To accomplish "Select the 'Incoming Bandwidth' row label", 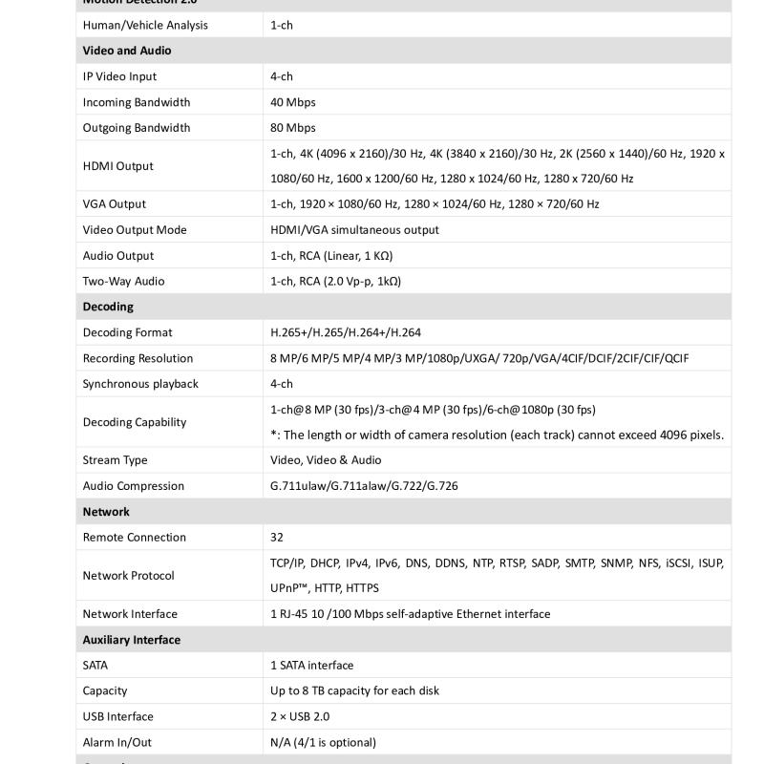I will [x=137, y=102].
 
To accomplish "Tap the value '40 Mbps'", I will [x=293, y=102].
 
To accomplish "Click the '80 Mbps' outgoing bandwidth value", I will [x=293, y=128].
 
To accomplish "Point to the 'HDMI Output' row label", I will [x=118, y=166].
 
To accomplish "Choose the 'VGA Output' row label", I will [x=115, y=204].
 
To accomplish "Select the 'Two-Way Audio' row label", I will [x=124, y=282].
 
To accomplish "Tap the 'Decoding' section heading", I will [x=108, y=307].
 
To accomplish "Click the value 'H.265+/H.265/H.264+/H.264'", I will [x=346, y=333].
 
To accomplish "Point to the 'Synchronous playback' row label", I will [x=140, y=384].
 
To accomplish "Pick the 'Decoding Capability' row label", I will [x=135, y=422].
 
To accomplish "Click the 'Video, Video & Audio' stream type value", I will [x=326, y=460].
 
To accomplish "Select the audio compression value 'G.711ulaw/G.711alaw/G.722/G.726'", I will [x=364, y=486].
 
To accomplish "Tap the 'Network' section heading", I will [x=106, y=512].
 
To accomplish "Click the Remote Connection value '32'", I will [x=277, y=538].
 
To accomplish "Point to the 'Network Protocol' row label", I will [x=129, y=576].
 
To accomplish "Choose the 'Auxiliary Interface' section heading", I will [x=132, y=640].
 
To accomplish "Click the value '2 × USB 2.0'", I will [x=302, y=717].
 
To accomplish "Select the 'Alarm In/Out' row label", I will [x=117, y=742].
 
